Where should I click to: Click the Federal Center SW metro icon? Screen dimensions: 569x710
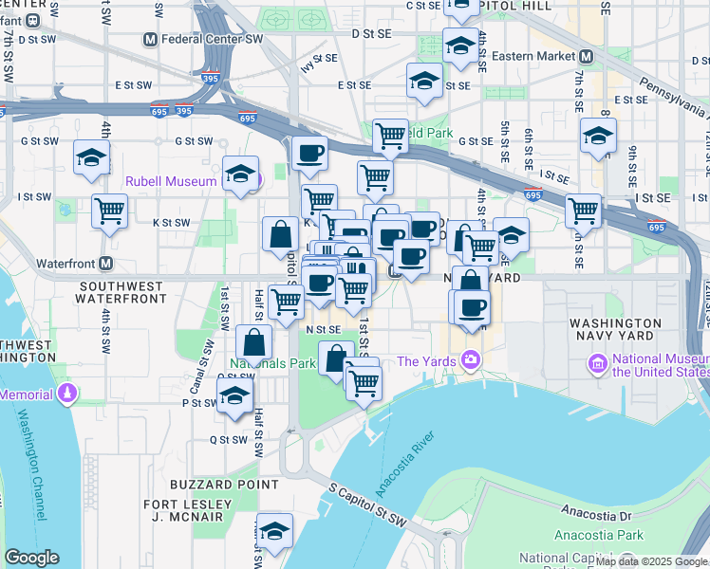click(x=149, y=39)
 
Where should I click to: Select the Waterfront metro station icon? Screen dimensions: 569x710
click(x=105, y=263)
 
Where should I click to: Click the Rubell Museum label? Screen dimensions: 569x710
click(x=171, y=180)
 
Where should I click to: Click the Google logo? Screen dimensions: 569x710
click(x=31, y=558)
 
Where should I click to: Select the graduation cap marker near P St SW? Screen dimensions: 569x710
click(x=234, y=397)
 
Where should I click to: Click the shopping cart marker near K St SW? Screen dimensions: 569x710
click(x=110, y=210)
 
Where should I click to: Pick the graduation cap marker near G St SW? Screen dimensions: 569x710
click(x=91, y=157)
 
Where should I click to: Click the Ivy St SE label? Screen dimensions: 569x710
click(x=319, y=63)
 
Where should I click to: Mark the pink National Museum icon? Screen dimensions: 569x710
click(x=598, y=363)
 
